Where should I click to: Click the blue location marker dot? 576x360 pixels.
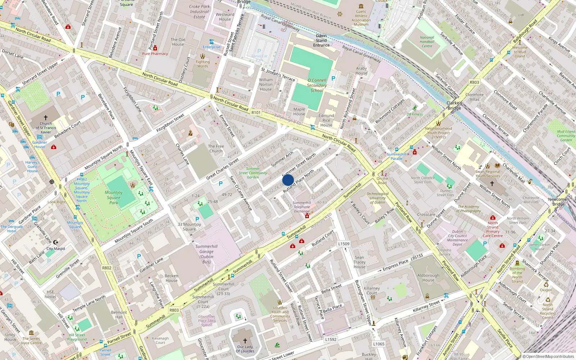tap(288, 180)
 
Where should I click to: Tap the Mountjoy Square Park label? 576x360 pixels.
tap(114, 198)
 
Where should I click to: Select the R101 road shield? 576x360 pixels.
tap(256, 113)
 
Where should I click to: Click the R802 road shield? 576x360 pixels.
tap(107, 268)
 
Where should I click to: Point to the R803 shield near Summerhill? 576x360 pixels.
tap(174, 310)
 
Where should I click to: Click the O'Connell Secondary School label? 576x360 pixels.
tap(317, 85)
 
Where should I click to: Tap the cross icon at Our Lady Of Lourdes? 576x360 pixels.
tap(245, 341)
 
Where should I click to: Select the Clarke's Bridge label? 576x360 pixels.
tap(454, 105)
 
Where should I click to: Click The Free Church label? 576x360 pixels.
tap(216, 149)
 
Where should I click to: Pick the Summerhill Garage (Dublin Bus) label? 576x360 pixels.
tap(206, 254)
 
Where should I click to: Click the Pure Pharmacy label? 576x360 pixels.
tap(155, 54)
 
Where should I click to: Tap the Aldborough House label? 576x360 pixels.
tap(428, 278)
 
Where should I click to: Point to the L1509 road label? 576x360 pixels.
tap(344, 244)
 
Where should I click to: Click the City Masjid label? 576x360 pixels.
tap(56, 249)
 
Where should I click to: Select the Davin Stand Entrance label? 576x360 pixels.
tap(321, 40)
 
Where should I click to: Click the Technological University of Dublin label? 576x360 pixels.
tap(378, 198)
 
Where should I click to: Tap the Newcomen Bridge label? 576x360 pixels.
tap(558, 202)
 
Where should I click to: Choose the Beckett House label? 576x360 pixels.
tap(171, 278)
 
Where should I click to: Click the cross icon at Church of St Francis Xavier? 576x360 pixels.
tap(46, 118)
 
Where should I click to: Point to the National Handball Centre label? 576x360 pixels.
tap(427, 42)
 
